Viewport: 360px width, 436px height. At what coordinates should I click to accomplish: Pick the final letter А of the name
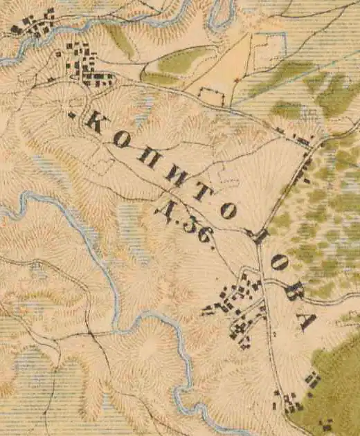coord(306,320)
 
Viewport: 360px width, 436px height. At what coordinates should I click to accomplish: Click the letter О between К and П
coord(121,140)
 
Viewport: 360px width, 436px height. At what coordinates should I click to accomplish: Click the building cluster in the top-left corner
coord(33,24)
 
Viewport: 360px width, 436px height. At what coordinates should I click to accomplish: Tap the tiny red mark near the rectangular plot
coord(236,81)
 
